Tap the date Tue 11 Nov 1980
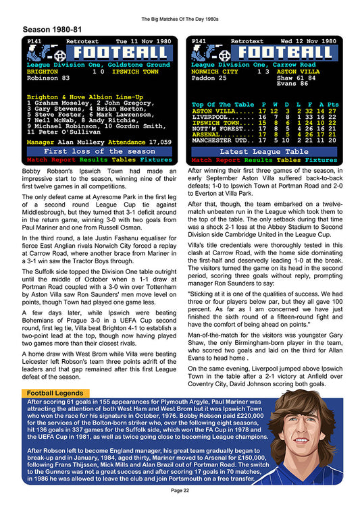pos(145,41)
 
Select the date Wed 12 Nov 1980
pos(309,41)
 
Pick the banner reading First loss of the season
pos(100,152)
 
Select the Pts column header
pos(332,105)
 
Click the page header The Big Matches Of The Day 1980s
pos(180,13)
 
